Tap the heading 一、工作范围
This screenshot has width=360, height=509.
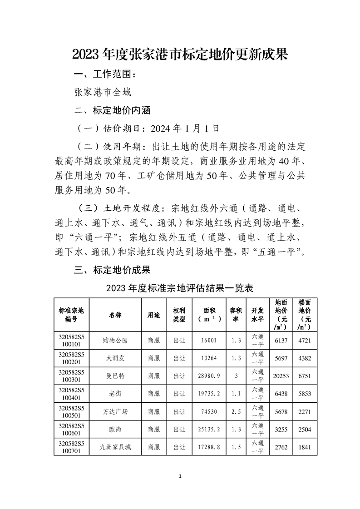tap(105, 74)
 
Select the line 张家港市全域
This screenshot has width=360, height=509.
tap(103, 93)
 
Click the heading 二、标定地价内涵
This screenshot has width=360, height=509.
tap(112, 110)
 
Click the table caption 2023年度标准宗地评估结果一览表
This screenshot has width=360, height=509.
tap(179, 288)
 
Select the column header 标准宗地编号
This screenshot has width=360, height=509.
tap(71, 314)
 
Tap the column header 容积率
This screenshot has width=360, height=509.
tap(236, 314)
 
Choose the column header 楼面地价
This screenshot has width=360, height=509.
tap(305, 314)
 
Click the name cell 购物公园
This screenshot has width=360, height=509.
tap(115, 340)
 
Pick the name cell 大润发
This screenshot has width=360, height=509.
tap(115, 358)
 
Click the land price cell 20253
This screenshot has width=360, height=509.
tap(281, 376)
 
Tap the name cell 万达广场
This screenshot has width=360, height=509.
tap(115, 412)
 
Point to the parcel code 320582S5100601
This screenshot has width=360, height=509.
tap(71, 430)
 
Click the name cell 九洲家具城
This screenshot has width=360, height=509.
tap(115, 447)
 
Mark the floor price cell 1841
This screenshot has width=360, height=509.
tap(305, 447)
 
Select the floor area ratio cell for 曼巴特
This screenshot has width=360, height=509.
tap(236, 376)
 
